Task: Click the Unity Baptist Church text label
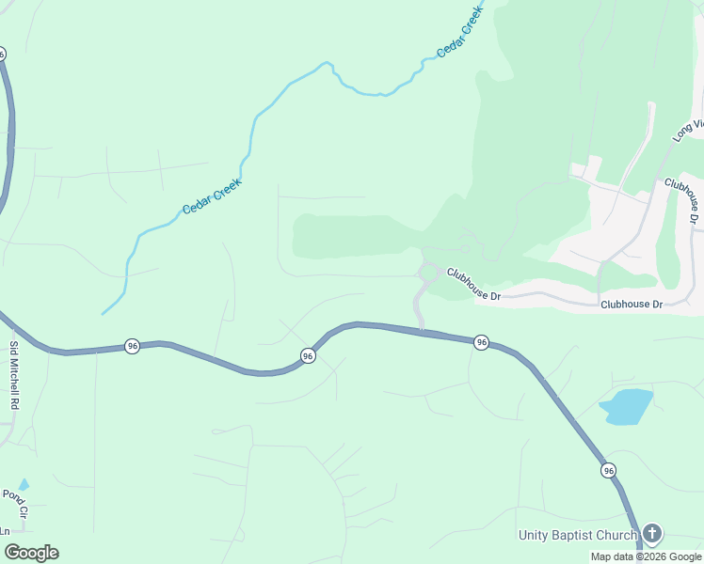[x=578, y=536]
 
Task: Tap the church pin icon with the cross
[x=651, y=534]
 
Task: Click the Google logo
[x=31, y=553]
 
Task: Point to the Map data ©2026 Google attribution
[x=647, y=557]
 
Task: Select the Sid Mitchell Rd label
[x=14, y=374]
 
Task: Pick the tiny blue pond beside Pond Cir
[x=24, y=484]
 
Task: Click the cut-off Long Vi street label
[x=688, y=131]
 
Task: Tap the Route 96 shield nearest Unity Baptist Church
[x=609, y=470]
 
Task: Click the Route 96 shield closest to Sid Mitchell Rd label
[x=132, y=347]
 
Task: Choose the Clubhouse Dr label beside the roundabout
[x=474, y=285]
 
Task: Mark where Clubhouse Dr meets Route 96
[x=422, y=329]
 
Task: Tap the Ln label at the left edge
[x=6, y=530]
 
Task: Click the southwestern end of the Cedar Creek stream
[x=104, y=312]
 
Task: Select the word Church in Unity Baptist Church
[x=615, y=536]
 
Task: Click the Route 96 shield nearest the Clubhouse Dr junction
[x=481, y=342]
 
